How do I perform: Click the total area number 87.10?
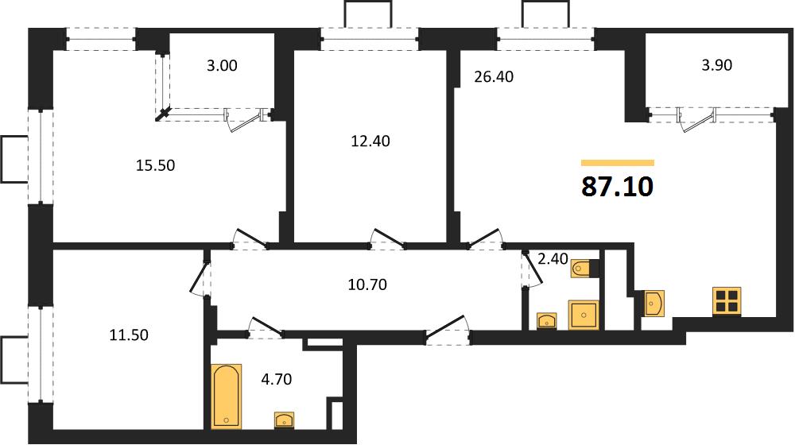(617, 187)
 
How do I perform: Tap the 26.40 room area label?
(494, 76)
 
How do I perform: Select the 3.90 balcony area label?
(716, 65)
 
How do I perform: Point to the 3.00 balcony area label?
(222, 65)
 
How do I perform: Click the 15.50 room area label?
(155, 165)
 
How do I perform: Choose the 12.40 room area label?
(370, 141)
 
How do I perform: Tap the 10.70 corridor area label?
(367, 284)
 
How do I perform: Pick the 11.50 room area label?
(129, 335)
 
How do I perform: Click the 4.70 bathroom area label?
(277, 379)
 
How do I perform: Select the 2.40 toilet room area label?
(553, 259)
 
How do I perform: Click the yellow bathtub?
(226, 396)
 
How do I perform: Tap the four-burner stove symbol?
(727, 301)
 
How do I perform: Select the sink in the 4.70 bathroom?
(285, 420)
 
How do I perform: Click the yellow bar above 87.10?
(618, 163)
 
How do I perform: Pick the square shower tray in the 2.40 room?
(584, 315)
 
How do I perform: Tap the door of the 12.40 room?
(387, 239)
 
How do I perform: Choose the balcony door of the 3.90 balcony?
(697, 121)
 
